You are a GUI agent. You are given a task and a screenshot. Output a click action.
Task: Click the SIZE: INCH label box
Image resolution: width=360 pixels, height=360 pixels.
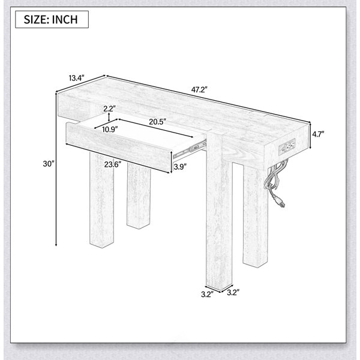pos(52,20)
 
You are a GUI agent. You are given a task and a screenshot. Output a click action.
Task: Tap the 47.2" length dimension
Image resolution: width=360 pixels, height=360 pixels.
pos(199,89)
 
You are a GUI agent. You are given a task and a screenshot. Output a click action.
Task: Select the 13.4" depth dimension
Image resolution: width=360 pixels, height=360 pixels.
pos(77,78)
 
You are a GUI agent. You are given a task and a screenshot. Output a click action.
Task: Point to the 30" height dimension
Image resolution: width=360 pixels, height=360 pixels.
pos(49,164)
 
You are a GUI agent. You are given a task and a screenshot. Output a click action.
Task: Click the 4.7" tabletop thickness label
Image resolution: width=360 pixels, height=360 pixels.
pos(318,134)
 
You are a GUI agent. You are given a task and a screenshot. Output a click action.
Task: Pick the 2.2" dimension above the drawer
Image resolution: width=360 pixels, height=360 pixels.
pos(109,109)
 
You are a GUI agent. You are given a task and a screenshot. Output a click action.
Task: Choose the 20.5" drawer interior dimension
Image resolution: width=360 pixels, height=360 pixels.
pos(157,122)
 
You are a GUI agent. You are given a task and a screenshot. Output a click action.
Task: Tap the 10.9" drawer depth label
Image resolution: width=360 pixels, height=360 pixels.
pos(110,130)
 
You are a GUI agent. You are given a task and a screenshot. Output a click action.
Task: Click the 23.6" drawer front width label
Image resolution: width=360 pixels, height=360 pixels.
pos(113,164)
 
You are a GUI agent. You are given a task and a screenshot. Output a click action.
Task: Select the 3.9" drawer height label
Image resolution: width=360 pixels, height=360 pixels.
pos(180,167)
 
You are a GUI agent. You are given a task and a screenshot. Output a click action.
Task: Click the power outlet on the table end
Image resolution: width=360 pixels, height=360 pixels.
pos(287,146)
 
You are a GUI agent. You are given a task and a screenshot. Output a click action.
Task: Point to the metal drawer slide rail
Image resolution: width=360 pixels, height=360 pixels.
pos(189,149)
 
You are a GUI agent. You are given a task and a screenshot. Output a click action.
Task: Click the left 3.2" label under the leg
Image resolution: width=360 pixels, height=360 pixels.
pos(208,295)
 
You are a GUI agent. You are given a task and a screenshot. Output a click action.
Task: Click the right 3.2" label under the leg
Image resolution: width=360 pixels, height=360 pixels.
pos(233,293)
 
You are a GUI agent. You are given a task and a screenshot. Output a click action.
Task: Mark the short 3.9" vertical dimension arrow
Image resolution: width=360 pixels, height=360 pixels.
pos(171,162)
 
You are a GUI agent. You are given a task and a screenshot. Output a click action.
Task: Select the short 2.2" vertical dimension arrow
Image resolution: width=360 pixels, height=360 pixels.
pos(109,117)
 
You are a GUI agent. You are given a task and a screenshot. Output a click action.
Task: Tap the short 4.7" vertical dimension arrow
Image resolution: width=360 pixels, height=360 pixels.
pos(310,136)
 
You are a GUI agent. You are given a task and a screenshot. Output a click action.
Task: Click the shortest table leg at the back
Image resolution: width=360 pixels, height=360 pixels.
pos(139,196)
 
